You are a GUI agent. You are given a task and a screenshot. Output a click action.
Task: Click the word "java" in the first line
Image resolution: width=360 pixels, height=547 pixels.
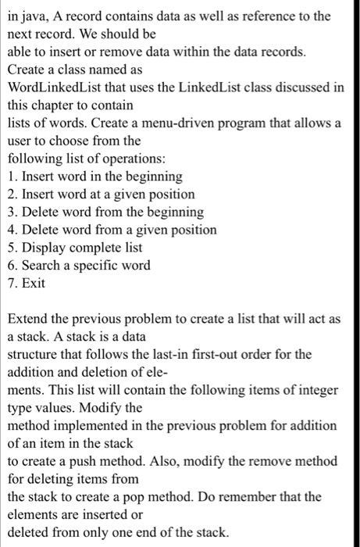click(33, 16)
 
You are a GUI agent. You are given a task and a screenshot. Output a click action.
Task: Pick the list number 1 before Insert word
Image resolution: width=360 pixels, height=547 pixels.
click(12, 177)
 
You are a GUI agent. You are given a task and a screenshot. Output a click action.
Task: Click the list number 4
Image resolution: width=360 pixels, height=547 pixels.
click(12, 230)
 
